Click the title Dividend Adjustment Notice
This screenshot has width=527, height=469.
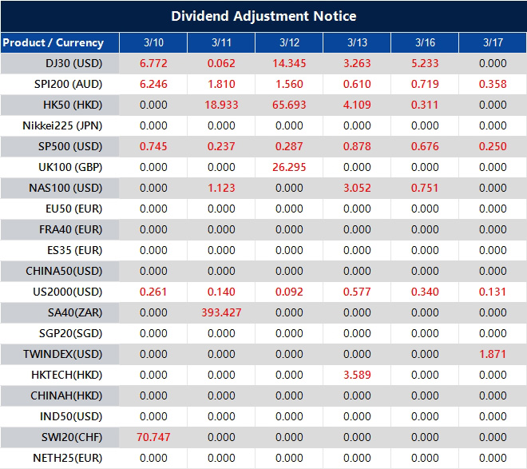click(x=263, y=16)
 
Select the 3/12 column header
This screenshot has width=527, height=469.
click(x=289, y=42)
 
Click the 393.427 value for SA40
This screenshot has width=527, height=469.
click(x=221, y=312)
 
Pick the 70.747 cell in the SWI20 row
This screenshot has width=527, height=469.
click(x=153, y=437)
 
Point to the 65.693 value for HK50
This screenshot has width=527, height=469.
click(x=289, y=105)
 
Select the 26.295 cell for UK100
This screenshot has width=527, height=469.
click(x=289, y=167)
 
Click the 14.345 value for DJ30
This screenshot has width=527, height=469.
click(x=289, y=63)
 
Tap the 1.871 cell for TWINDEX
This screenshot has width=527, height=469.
click(x=493, y=354)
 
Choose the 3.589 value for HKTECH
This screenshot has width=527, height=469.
click(x=357, y=375)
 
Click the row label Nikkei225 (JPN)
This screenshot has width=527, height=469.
click(x=62, y=125)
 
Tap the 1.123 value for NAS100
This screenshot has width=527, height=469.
click(x=221, y=188)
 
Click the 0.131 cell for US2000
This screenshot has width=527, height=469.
click(x=493, y=292)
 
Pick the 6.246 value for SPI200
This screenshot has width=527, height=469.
click(x=153, y=84)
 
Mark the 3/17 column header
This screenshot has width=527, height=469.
click(x=493, y=42)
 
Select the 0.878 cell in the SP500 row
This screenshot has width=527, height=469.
click(x=357, y=146)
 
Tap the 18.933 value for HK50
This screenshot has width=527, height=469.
click(x=221, y=105)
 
